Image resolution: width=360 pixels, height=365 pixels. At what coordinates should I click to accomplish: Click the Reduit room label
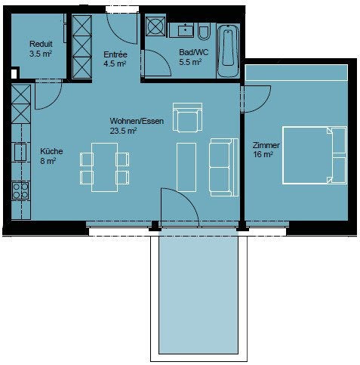[41, 44]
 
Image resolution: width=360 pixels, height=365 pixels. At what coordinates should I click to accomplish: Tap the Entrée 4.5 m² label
[115, 59]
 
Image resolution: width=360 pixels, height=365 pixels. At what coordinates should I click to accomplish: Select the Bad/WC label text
[194, 52]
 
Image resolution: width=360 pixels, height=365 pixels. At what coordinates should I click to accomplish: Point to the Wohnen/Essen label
[137, 121]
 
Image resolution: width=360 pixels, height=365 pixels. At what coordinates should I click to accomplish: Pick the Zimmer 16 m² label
[266, 150]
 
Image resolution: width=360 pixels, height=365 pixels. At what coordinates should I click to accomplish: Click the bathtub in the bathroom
[228, 51]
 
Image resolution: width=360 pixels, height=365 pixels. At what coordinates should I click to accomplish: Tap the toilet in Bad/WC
[204, 32]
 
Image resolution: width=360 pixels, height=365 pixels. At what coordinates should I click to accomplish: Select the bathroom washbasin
[186, 30]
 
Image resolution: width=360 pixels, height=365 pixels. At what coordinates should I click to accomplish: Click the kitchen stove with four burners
[20, 190]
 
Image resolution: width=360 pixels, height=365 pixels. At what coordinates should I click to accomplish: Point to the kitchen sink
[20, 152]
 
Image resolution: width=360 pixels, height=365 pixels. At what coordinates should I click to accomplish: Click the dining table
[104, 168]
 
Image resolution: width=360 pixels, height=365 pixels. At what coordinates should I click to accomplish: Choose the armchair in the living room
[187, 117]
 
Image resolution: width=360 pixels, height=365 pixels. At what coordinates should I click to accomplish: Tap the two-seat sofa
[224, 167]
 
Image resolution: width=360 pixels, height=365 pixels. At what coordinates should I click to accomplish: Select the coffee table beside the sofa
[186, 167]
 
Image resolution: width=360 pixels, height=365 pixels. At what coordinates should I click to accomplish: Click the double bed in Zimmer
[314, 155]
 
